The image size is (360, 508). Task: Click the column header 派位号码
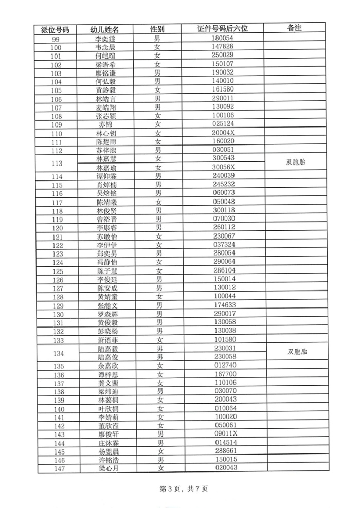(x=57, y=29)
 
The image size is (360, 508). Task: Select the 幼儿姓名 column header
(x=104, y=29)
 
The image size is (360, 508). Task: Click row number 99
(x=57, y=39)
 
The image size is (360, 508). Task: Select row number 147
(x=58, y=468)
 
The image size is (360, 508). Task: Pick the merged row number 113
(x=57, y=164)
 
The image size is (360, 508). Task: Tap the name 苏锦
(x=105, y=125)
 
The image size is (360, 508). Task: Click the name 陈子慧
(x=105, y=271)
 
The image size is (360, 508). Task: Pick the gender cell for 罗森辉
(x=158, y=314)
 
